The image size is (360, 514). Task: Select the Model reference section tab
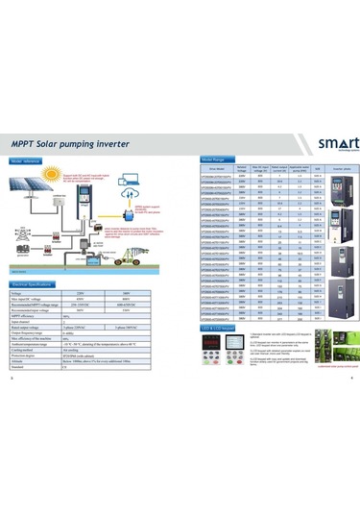tap(29, 162)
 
